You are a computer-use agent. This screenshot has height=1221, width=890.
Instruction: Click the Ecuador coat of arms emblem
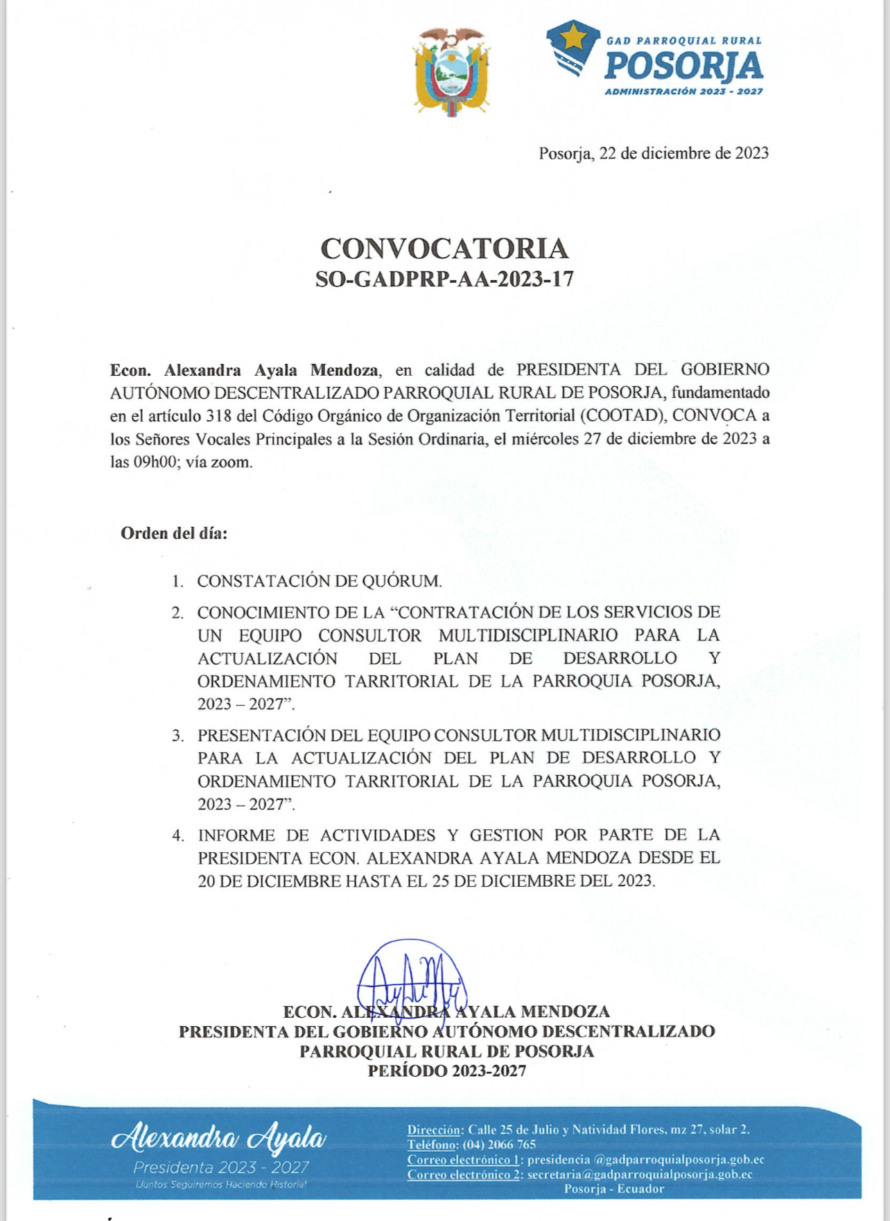click(451, 72)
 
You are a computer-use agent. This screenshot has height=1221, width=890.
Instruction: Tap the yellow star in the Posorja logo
click(573, 36)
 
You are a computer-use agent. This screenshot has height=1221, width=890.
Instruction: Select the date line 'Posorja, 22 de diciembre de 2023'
click(654, 153)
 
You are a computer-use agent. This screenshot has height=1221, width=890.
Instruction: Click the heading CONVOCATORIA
click(444, 248)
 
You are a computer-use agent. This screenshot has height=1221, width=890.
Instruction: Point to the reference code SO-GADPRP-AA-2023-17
click(444, 279)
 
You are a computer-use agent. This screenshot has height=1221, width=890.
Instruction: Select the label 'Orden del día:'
click(174, 533)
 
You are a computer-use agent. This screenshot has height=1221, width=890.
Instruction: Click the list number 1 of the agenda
click(178, 581)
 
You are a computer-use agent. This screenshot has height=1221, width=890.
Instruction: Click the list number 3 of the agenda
click(178, 735)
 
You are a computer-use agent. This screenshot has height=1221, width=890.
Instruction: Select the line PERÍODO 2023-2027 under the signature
click(446, 1071)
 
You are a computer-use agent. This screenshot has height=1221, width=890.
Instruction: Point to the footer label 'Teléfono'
click(431, 1145)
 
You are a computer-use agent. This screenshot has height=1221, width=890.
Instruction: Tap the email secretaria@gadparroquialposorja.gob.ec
click(639, 1175)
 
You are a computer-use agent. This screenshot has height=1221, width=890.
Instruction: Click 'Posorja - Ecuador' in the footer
click(613, 1189)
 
